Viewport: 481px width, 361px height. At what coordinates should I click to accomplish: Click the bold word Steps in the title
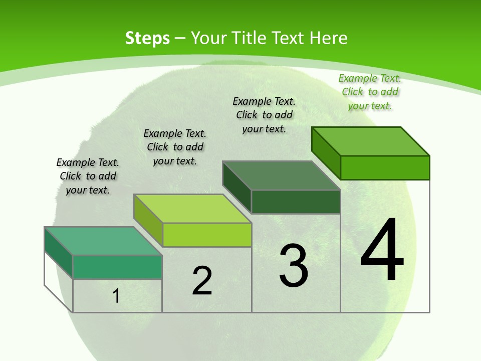point(147,39)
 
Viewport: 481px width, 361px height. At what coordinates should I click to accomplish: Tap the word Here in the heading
point(328,39)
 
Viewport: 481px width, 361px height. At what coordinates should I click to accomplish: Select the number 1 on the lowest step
point(116,296)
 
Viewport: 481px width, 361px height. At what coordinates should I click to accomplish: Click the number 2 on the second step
point(202,281)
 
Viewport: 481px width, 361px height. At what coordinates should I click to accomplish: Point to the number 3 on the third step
point(294,266)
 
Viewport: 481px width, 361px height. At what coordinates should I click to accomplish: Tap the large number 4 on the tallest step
point(382,250)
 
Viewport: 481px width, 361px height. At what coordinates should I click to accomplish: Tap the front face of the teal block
point(117,267)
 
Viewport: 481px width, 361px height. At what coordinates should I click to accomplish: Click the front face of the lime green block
point(207,235)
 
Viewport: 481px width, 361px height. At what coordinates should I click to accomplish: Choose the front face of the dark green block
point(296,202)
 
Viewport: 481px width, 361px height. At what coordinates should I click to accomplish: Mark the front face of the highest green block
point(385,167)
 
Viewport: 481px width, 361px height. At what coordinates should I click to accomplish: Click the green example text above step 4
point(370,92)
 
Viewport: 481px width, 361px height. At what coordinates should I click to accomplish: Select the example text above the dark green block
point(264,115)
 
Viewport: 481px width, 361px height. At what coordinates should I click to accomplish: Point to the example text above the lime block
point(175,147)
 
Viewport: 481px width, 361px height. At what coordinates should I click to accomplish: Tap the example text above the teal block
point(88,176)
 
